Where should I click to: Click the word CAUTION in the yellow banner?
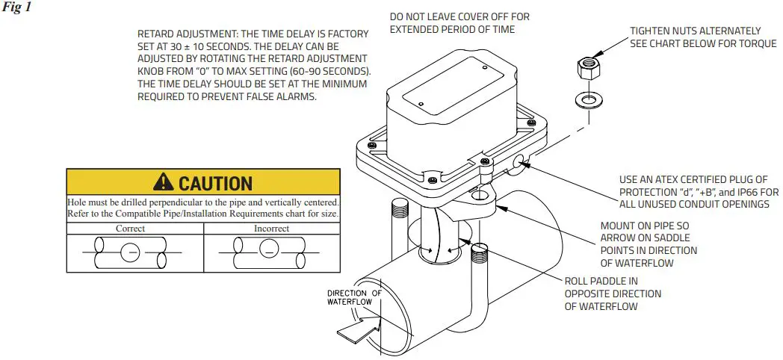click(x=215, y=182)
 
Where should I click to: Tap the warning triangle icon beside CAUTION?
click(x=163, y=181)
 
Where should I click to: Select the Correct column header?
click(x=130, y=228)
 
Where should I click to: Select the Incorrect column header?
click(x=271, y=228)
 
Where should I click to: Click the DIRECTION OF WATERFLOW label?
click(x=354, y=297)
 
